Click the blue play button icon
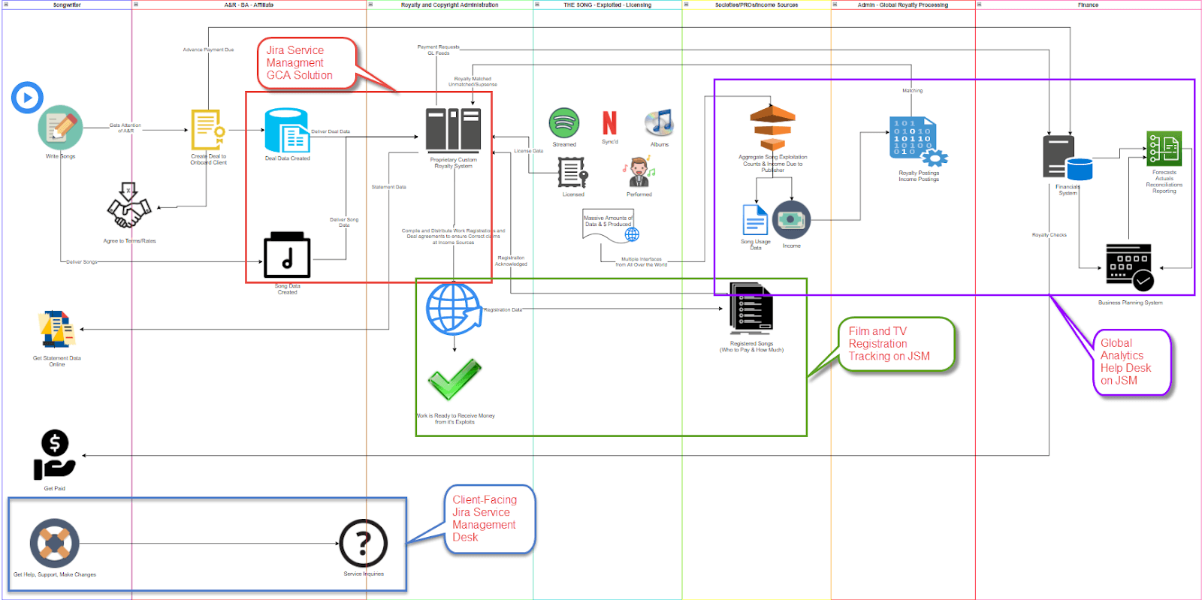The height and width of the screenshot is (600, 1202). point(27,98)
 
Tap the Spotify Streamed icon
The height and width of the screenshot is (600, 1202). point(564,122)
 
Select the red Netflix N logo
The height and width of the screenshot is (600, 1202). point(610,122)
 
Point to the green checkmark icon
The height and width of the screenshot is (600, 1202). point(454,380)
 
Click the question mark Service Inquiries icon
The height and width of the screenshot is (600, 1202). point(364,543)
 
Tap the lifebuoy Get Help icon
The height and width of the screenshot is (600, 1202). point(54,543)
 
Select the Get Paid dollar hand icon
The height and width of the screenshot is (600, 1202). point(54,455)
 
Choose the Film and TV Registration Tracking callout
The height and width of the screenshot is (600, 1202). point(895,344)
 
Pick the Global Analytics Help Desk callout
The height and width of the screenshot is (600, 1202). point(1130,362)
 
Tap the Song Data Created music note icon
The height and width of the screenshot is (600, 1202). point(287,255)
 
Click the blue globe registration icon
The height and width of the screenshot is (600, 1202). point(454,309)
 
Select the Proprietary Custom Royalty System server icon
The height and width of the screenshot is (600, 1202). point(453,129)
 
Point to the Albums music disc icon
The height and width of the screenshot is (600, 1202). point(659,122)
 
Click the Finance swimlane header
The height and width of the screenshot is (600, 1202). point(1088,5)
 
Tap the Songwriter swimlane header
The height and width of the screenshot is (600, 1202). point(67,5)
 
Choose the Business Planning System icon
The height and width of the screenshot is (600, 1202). point(1129,267)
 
